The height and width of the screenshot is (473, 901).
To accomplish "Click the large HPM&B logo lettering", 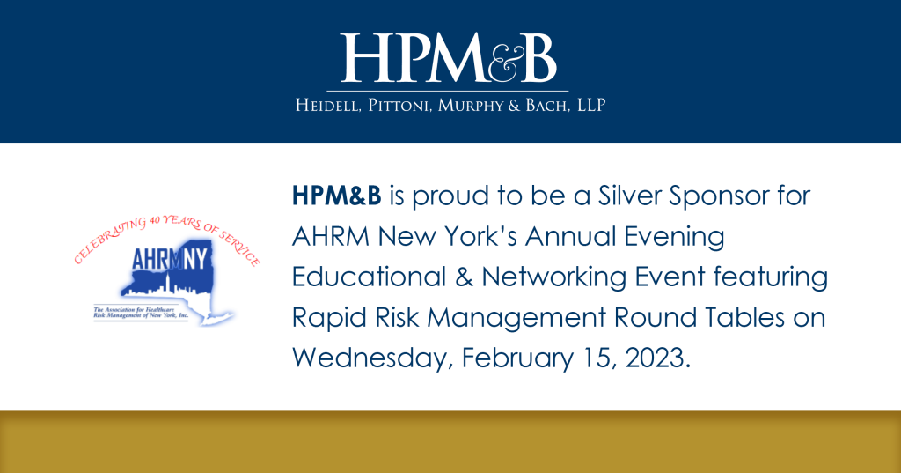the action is (x=448, y=57).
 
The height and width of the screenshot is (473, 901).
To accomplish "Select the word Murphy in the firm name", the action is (x=471, y=106).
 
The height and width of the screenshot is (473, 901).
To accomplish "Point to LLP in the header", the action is (x=591, y=105).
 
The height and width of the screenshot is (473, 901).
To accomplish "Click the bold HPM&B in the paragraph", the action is (x=337, y=196).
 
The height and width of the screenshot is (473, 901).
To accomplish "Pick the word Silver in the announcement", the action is (x=630, y=196).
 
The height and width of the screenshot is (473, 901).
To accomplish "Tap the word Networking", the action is (x=554, y=277).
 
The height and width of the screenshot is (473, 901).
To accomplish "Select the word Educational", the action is (x=369, y=277).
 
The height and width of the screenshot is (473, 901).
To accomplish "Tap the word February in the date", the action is (x=517, y=358).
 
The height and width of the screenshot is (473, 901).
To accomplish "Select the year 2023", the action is (x=656, y=358).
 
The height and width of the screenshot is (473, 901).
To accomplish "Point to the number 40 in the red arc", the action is (x=155, y=220).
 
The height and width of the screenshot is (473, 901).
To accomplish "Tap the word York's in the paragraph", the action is (x=480, y=236).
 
